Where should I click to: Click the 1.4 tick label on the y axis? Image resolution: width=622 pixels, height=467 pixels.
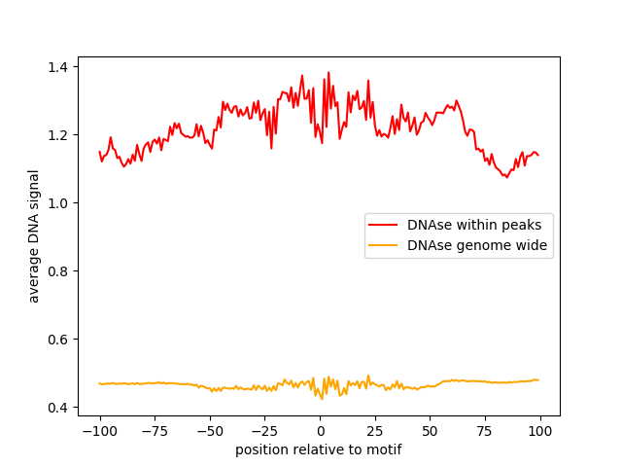point(57,67)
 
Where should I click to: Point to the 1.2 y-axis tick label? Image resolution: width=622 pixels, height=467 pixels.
point(57,135)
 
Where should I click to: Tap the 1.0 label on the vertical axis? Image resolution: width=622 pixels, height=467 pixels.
point(57,203)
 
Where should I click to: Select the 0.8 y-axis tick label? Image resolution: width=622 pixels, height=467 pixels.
point(57,271)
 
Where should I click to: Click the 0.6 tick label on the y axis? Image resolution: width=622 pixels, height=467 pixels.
point(57,340)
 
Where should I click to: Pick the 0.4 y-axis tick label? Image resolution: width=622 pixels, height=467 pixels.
point(57,408)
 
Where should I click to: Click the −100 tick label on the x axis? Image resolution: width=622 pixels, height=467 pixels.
point(100,431)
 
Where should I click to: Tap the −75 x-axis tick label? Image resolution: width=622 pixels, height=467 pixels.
point(155,431)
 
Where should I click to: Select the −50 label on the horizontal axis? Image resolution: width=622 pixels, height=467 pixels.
point(210,431)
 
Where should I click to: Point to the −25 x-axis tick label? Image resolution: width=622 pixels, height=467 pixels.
point(265,431)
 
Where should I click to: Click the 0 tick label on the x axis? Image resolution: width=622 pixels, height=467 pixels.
point(320,431)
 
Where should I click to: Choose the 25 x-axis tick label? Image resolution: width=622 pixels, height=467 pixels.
point(375,431)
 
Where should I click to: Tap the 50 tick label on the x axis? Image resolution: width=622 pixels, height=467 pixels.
point(430,431)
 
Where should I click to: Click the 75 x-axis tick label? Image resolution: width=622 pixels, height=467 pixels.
point(485,431)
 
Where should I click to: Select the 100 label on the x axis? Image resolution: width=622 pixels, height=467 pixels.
point(540,431)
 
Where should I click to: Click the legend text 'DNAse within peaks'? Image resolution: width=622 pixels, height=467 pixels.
point(474,225)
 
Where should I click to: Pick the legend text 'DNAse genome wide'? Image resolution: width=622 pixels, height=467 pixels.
point(477,245)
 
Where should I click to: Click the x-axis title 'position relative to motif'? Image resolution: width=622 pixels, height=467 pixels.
point(319,449)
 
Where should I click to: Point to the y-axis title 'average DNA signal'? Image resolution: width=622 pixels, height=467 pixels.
point(34,236)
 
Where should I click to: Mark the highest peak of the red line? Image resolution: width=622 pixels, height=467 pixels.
point(328,73)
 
